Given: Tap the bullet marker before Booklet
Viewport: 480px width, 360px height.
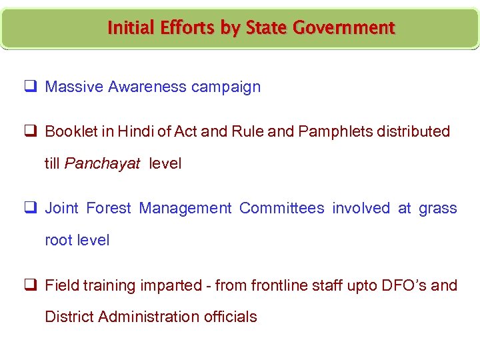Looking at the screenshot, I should click(x=31, y=131).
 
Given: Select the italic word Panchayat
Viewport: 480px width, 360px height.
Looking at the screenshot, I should click(x=102, y=164).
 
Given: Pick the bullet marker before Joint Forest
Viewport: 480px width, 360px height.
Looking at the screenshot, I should click(x=31, y=209).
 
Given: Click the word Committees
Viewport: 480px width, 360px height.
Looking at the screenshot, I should click(x=282, y=209).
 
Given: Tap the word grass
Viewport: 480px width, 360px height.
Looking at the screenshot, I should click(x=438, y=209).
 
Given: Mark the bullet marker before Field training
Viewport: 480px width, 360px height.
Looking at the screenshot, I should click(x=31, y=285).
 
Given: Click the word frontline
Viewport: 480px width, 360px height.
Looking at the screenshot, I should click(x=279, y=285).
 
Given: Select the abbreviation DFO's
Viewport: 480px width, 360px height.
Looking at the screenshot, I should click(x=404, y=285).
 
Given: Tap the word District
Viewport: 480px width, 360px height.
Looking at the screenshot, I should click(x=69, y=317).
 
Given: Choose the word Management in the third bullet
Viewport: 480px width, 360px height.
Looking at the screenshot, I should click(x=185, y=209).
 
